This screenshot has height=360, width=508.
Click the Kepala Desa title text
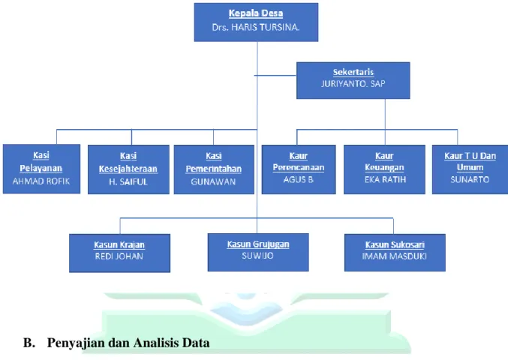(x=256, y=13)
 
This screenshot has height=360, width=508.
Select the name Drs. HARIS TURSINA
(x=256, y=27)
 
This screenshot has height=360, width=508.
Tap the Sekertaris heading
(x=353, y=72)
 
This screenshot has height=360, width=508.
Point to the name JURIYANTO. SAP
(x=353, y=84)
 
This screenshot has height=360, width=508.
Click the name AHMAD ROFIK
(x=41, y=181)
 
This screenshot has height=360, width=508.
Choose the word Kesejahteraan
(x=128, y=169)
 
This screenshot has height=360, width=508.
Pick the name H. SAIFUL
(x=128, y=182)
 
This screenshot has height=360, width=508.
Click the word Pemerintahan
(x=214, y=169)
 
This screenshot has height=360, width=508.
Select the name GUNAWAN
(x=213, y=182)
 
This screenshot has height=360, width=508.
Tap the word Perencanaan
(x=299, y=167)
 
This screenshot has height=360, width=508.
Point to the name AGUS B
(x=299, y=179)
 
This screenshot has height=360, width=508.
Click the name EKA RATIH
(x=385, y=179)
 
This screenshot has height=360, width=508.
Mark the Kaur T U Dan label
(x=470, y=156)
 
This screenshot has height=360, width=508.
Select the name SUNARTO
(x=470, y=179)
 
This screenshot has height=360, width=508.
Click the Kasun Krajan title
(x=119, y=244)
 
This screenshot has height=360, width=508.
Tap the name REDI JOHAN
(x=119, y=256)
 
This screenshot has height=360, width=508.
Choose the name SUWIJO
(x=257, y=256)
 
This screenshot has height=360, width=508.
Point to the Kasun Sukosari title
(x=395, y=244)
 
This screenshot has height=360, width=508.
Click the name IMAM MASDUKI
(x=394, y=256)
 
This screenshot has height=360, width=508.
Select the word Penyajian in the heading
(x=75, y=343)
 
